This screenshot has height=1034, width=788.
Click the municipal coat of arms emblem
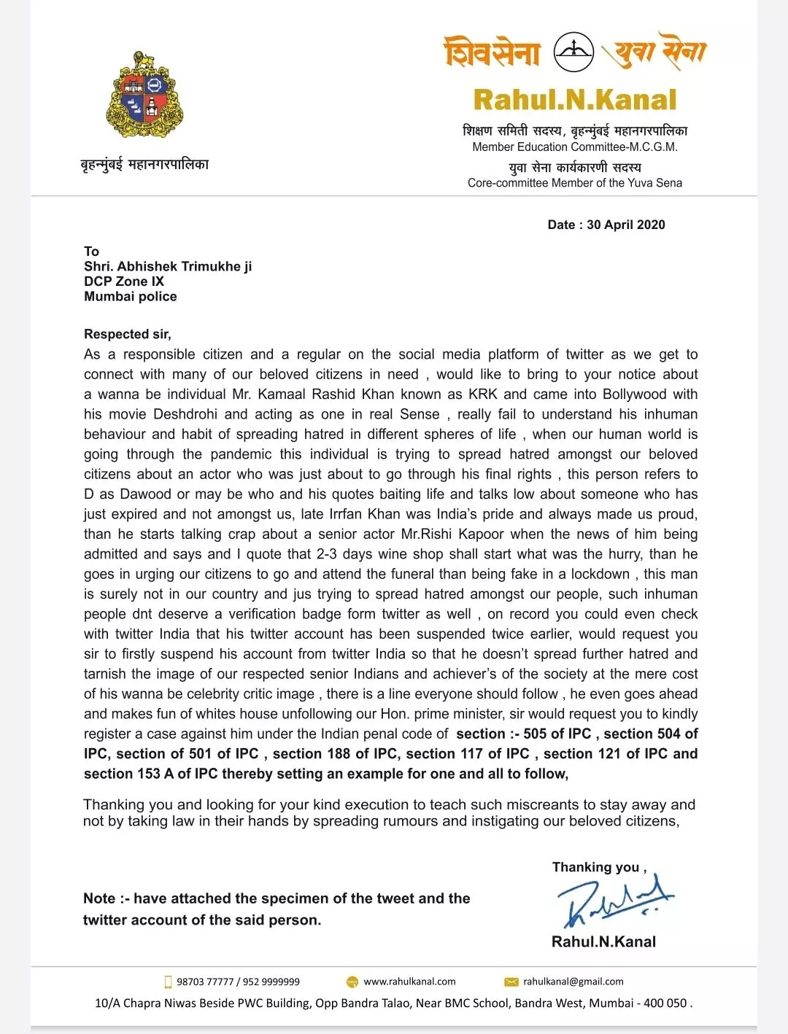tap(144, 96)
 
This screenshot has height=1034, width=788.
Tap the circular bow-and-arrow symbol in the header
tap(573, 53)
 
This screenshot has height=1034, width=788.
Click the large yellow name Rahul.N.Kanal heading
tap(575, 100)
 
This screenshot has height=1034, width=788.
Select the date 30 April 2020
tap(625, 225)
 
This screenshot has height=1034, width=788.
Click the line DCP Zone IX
tap(124, 281)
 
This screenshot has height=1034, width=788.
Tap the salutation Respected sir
tap(127, 334)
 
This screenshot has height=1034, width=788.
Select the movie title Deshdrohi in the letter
tap(185, 414)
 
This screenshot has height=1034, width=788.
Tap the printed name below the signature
tap(603, 941)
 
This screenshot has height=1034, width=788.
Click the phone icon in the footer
tap(168, 981)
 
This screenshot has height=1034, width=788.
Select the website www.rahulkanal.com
tap(409, 981)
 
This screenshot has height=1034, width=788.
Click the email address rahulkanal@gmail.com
tap(573, 981)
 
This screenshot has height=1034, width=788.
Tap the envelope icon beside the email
tap(511, 981)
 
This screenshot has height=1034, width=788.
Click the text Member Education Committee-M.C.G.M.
tap(574, 147)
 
